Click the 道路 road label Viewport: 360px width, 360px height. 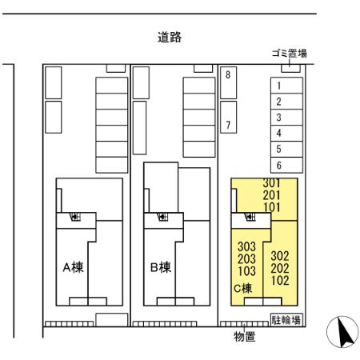pyautogui.click(x=169, y=38)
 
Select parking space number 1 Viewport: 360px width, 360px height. pyautogui.click(x=278, y=86)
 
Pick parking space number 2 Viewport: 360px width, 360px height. pyautogui.click(x=278, y=102)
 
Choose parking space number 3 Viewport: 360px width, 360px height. pyautogui.click(x=278, y=118)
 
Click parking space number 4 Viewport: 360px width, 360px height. pyautogui.click(x=278, y=133)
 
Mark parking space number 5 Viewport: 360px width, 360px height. pyautogui.click(x=278, y=149)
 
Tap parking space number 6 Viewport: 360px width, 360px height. pyautogui.click(x=278, y=165)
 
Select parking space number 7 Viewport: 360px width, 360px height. pyautogui.click(x=228, y=125)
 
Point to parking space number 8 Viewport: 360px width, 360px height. pyautogui.click(x=228, y=75)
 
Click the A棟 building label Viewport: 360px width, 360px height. pyautogui.click(x=74, y=268)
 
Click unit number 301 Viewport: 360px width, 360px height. pyautogui.click(x=272, y=183)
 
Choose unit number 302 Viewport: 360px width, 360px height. pyautogui.click(x=280, y=256)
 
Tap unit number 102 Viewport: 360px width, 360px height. pyautogui.click(x=280, y=281)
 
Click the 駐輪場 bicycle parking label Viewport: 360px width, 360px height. pyautogui.click(x=286, y=320)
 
